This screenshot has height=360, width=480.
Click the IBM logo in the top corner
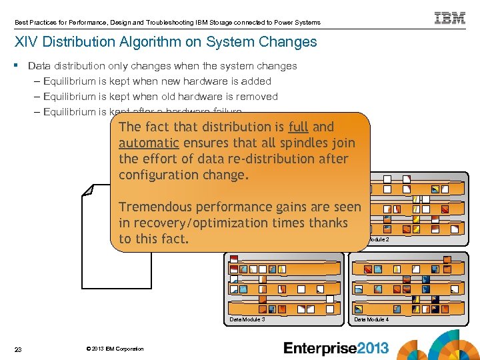pyautogui.click(x=450, y=18)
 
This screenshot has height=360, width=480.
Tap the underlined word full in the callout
pyautogui.click(x=299, y=127)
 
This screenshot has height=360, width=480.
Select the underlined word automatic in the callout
pyautogui.click(x=149, y=143)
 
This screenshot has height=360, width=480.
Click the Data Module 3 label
pyautogui.click(x=247, y=319)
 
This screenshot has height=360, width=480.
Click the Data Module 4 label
pyautogui.click(x=371, y=319)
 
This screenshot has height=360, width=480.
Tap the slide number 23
pyautogui.click(x=18, y=349)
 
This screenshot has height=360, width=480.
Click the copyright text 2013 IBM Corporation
pyautogui.click(x=115, y=349)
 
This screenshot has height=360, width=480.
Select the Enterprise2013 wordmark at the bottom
pyautogui.click(x=336, y=347)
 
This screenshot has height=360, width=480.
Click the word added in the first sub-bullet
pyautogui.click(x=257, y=81)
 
